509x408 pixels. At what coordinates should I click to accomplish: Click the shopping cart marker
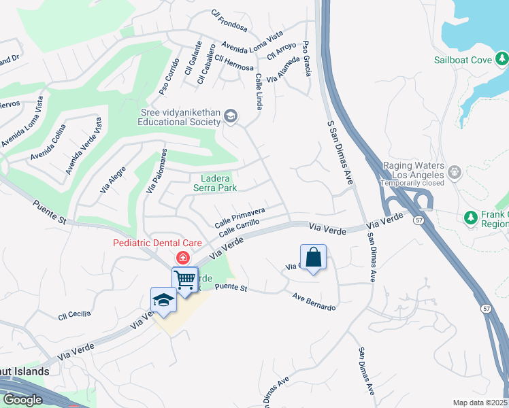pos(184,279)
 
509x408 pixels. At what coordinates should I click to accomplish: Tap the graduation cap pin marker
pos(163,300)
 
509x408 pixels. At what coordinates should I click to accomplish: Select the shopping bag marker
pos(313,258)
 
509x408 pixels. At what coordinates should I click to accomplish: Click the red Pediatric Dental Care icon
pos(182,258)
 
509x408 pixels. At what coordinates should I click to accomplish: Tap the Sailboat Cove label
pos(463,60)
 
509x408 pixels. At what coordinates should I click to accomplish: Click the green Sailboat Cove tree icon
pos(502,59)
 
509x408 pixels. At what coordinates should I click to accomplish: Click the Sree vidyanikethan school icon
pos(230,117)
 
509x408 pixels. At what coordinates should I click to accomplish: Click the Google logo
pos(22,400)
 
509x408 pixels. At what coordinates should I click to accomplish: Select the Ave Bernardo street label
pos(314,302)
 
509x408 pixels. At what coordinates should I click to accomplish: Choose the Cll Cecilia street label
pos(74,315)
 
